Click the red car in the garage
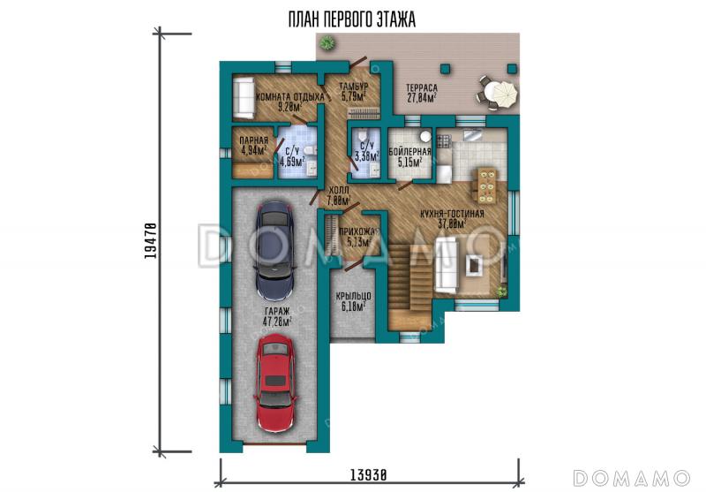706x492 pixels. coord(275,383)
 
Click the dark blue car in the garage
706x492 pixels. coord(274,251)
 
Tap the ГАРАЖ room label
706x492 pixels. coord(277,311)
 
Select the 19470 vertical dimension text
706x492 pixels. coord(151,240)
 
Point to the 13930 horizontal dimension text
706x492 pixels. coord(368,474)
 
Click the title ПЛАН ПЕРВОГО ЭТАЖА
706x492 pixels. coord(351,19)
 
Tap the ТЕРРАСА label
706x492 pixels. coord(422,87)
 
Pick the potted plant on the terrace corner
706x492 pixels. coord(327,42)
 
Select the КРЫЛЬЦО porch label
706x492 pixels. coord(354,296)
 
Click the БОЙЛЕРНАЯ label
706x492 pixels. coord(409,151)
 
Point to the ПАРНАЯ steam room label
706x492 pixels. coord(254,140)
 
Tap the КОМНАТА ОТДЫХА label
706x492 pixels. coord(290,97)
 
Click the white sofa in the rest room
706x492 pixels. coord(244,98)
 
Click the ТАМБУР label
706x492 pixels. coord(354,86)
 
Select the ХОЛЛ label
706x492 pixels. coord(339,190)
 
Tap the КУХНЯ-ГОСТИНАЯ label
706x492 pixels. coord(452,214)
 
